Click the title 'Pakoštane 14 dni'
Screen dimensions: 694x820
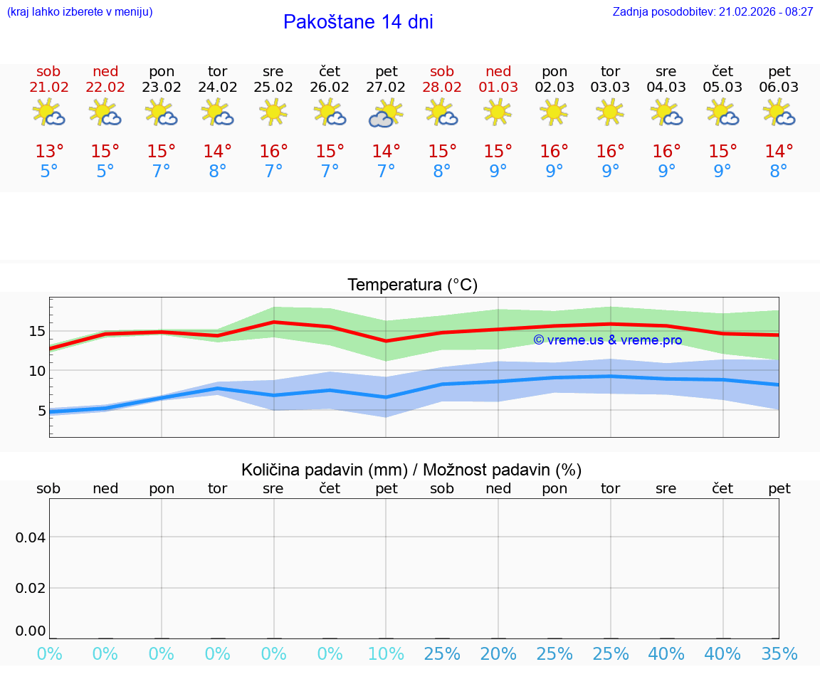point(358,22)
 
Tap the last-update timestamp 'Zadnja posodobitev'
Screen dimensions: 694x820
point(713,12)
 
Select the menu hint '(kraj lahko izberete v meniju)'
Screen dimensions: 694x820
point(80,12)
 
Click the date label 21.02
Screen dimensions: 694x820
point(49,88)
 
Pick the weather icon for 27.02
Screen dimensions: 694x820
point(386,113)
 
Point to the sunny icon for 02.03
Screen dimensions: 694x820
point(554,112)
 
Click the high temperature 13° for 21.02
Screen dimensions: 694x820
point(49,151)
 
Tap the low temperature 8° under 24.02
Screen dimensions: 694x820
point(217,171)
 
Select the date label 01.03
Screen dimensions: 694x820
point(498,88)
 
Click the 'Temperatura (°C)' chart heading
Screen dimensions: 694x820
point(412,285)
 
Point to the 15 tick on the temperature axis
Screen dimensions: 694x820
point(37,331)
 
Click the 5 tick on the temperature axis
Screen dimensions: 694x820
point(41,410)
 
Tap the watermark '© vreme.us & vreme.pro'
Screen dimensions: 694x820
point(607,340)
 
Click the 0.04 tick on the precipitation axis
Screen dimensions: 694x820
point(31,537)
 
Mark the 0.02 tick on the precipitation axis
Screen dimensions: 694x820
point(31,587)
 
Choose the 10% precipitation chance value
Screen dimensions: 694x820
point(386,654)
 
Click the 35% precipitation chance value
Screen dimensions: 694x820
point(779,654)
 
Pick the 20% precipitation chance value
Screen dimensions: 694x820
point(498,654)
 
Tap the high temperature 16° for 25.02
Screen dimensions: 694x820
point(273,151)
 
